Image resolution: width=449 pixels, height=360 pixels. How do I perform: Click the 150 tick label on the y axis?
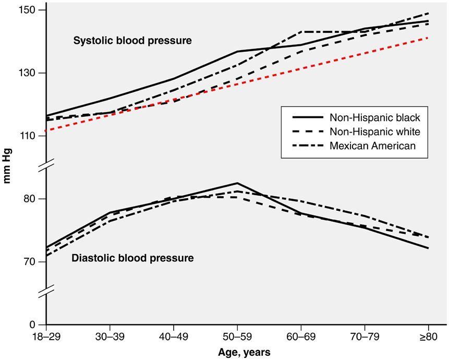[x=31, y=10]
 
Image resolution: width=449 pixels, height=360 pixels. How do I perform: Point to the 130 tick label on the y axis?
[x=31, y=73]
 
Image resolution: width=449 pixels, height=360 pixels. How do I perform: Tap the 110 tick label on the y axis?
[x=31, y=136]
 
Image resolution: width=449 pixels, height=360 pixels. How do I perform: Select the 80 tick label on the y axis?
[x=33, y=199]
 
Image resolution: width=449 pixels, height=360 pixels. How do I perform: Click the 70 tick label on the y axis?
[x=33, y=262]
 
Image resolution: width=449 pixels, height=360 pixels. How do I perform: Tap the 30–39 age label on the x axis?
[x=110, y=337]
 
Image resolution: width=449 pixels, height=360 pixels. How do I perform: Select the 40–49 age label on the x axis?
[x=174, y=337]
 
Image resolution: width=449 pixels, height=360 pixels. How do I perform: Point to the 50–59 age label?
[x=237, y=337]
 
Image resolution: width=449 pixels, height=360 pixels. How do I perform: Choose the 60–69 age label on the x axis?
[x=301, y=337]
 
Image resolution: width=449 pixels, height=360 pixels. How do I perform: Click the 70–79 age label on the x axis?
[x=365, y=337]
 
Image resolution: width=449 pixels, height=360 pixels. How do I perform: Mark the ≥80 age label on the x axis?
[x=428, y=337]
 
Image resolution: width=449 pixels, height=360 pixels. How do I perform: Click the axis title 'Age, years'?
[x=237, y=352]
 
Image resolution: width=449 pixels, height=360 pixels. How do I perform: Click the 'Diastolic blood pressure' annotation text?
[x=133, y=258]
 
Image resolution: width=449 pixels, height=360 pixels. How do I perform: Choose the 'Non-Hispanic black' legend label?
[x=374, y=117]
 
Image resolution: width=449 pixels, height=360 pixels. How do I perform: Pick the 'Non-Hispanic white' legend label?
[x=374, y=131]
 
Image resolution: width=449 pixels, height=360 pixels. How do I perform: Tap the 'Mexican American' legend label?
[x=373, y=146]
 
